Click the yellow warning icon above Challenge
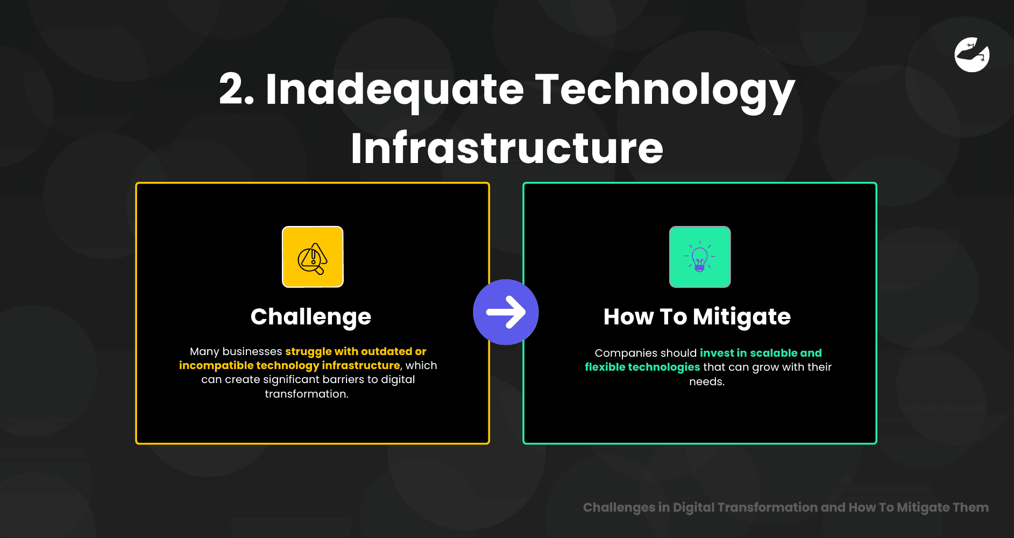313,257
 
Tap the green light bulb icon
700,257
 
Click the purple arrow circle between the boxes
506,312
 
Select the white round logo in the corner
972,54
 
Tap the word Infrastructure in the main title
507,147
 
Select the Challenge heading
311,317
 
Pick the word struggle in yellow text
308,352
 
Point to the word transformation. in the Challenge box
307,394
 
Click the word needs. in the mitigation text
707,381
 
